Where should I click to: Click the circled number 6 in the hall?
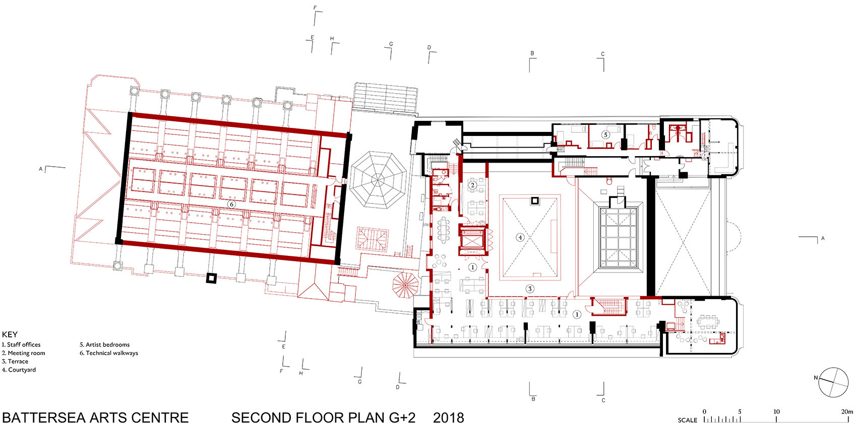coord(231,204)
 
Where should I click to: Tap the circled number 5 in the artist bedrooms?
coord(605,134)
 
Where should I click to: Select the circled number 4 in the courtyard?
coord(520,237)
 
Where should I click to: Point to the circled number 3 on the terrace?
coord(530,289)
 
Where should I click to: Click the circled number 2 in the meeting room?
coord(472,185)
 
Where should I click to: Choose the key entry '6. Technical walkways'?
coord(109,353)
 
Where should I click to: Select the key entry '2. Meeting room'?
coord(23,353)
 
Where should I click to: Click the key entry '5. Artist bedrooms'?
coord(104,344)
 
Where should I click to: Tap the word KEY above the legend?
coord(10,335)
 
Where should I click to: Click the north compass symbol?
coord(833,382)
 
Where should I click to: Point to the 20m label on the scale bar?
coord(847,411)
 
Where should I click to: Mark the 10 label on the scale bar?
coord(776,411)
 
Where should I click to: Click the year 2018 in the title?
coord(448,417)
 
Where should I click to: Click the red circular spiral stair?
coord(405,285)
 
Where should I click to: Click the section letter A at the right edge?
coord(823,238)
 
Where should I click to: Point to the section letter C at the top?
coord(602,54)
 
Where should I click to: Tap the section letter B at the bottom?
coord(533,399)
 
